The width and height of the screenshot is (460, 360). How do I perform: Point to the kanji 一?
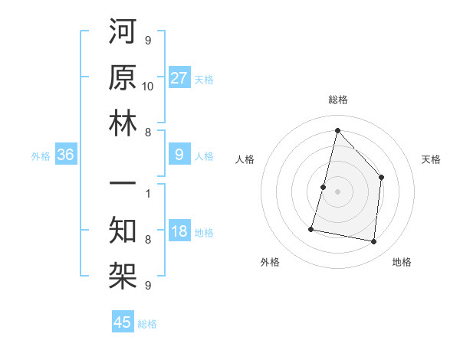click(x=123, y=185)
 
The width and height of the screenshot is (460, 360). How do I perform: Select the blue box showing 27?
click(x=179, y=77)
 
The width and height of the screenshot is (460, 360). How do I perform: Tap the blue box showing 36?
click(x=66, y=155)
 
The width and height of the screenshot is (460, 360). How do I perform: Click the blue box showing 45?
click(x=123, y=322)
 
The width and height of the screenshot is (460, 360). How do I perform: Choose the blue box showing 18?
click(x=179, y=231)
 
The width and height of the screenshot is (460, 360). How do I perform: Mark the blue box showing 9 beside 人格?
click(x=179, y=155)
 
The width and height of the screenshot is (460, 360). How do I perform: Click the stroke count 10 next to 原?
click(x=148, y=86)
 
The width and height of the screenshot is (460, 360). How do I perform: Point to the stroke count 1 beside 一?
click(x=148, y=194)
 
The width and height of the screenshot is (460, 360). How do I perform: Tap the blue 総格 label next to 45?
click(x=147, y=324)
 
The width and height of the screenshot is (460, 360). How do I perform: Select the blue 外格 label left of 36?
click(x=41, y=156)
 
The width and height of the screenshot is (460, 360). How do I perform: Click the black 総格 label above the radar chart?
click(x=337, y=100)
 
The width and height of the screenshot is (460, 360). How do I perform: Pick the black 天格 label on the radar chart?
click(x=431, y=159)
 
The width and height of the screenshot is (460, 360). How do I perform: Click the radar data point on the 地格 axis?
click(x=374, y=242)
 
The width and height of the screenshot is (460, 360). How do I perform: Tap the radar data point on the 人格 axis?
click(x=323, y=187)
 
